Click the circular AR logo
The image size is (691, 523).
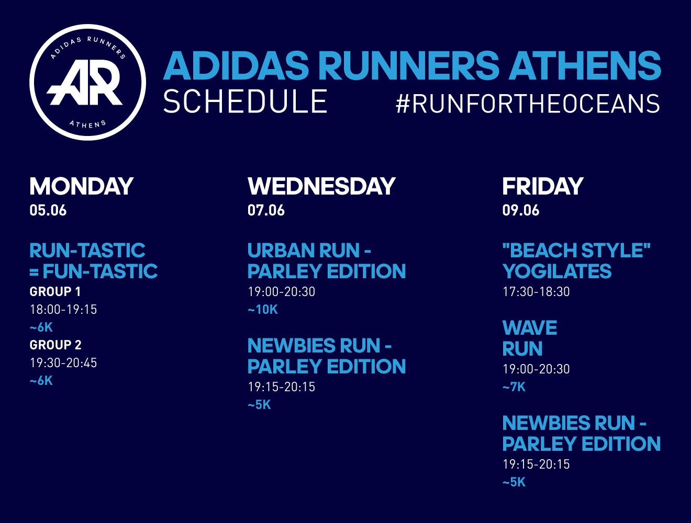pos(87,83)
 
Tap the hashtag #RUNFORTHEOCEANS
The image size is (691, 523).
pos(528,104)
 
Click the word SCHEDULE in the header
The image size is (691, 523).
pos(245,101)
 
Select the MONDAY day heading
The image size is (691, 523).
pos(82,186)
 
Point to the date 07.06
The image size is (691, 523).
pos(266,210)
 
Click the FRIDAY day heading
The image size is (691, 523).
pos(543,186)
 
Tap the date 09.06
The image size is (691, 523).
pos(521,210)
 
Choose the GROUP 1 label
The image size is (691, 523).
pos(55,291)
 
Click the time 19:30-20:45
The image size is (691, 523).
pos(63,363)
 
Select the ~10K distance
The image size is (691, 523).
pos(263,310)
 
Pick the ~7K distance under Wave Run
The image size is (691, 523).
pos(514,387)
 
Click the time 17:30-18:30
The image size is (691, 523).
pos(536,291)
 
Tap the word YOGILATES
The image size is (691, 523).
pos(557,271)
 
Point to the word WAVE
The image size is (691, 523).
pos(530,328)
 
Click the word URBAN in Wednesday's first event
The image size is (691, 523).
pos(281,251)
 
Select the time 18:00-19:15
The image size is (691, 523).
pos(63,310)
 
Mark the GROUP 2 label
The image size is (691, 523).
pos(55,345)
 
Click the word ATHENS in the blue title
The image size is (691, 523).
pos(585,66)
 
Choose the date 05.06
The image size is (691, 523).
pos(48,210)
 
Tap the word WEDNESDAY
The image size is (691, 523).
pos(322,186)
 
